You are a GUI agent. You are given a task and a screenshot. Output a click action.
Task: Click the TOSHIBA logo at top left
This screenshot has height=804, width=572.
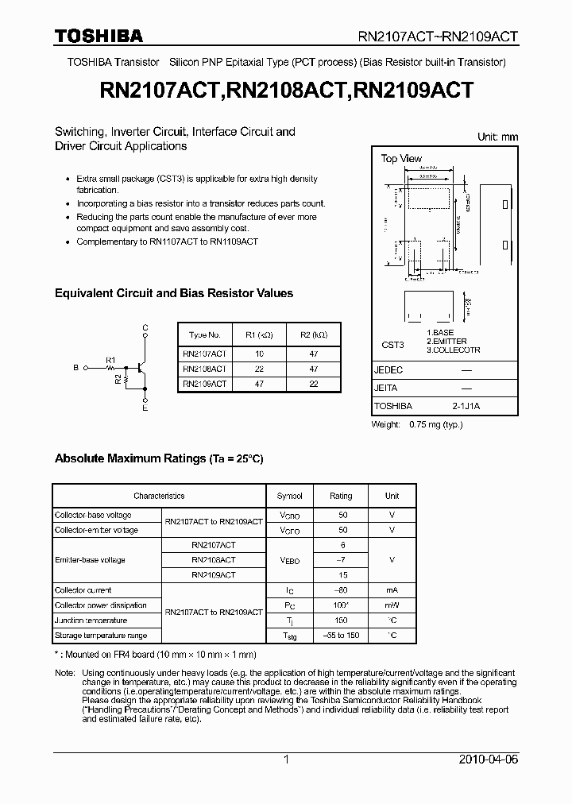(99, 36)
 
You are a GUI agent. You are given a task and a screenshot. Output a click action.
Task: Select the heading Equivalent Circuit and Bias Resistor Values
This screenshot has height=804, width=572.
(173, 293)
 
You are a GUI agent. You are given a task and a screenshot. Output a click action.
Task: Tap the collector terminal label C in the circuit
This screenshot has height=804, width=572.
(145, 327)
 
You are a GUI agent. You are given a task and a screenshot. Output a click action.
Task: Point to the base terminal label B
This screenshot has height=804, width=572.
(75, 368)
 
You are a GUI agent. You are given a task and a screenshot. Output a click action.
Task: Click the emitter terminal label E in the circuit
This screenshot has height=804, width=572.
(145, 408)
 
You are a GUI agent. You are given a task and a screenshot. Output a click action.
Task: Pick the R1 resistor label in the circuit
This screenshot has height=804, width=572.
(110, 360)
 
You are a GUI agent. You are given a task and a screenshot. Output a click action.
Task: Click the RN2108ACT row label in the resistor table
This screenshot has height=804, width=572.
(204, 369)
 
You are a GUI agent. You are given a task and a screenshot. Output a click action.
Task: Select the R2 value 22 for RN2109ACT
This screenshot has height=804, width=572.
(313, 383)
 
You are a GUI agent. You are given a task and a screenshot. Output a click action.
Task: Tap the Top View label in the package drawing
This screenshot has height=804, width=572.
(401, 159)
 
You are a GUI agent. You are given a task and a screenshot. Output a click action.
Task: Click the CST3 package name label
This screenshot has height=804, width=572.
(392, 345)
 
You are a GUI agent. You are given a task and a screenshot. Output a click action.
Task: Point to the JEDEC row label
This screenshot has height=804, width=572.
(388, 370)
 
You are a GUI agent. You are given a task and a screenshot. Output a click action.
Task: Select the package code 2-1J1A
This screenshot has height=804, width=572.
(466, 406)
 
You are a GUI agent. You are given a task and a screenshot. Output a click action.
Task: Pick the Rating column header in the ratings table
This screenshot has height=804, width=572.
(341, 496)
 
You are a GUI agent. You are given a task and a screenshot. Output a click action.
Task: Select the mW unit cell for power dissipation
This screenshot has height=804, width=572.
(392, 605)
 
